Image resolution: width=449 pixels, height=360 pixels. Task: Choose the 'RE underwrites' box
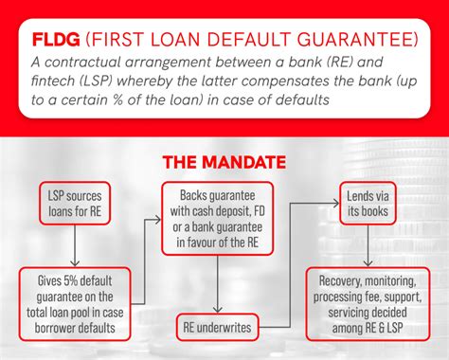coord(217,329)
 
